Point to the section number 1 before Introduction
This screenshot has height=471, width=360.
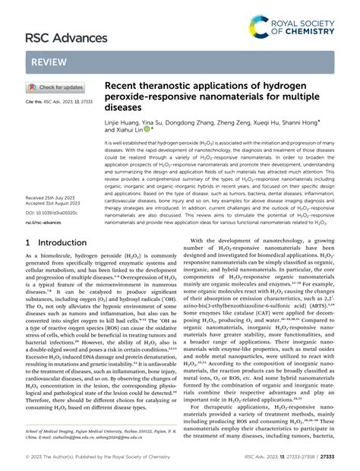[x=29, y=244]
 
